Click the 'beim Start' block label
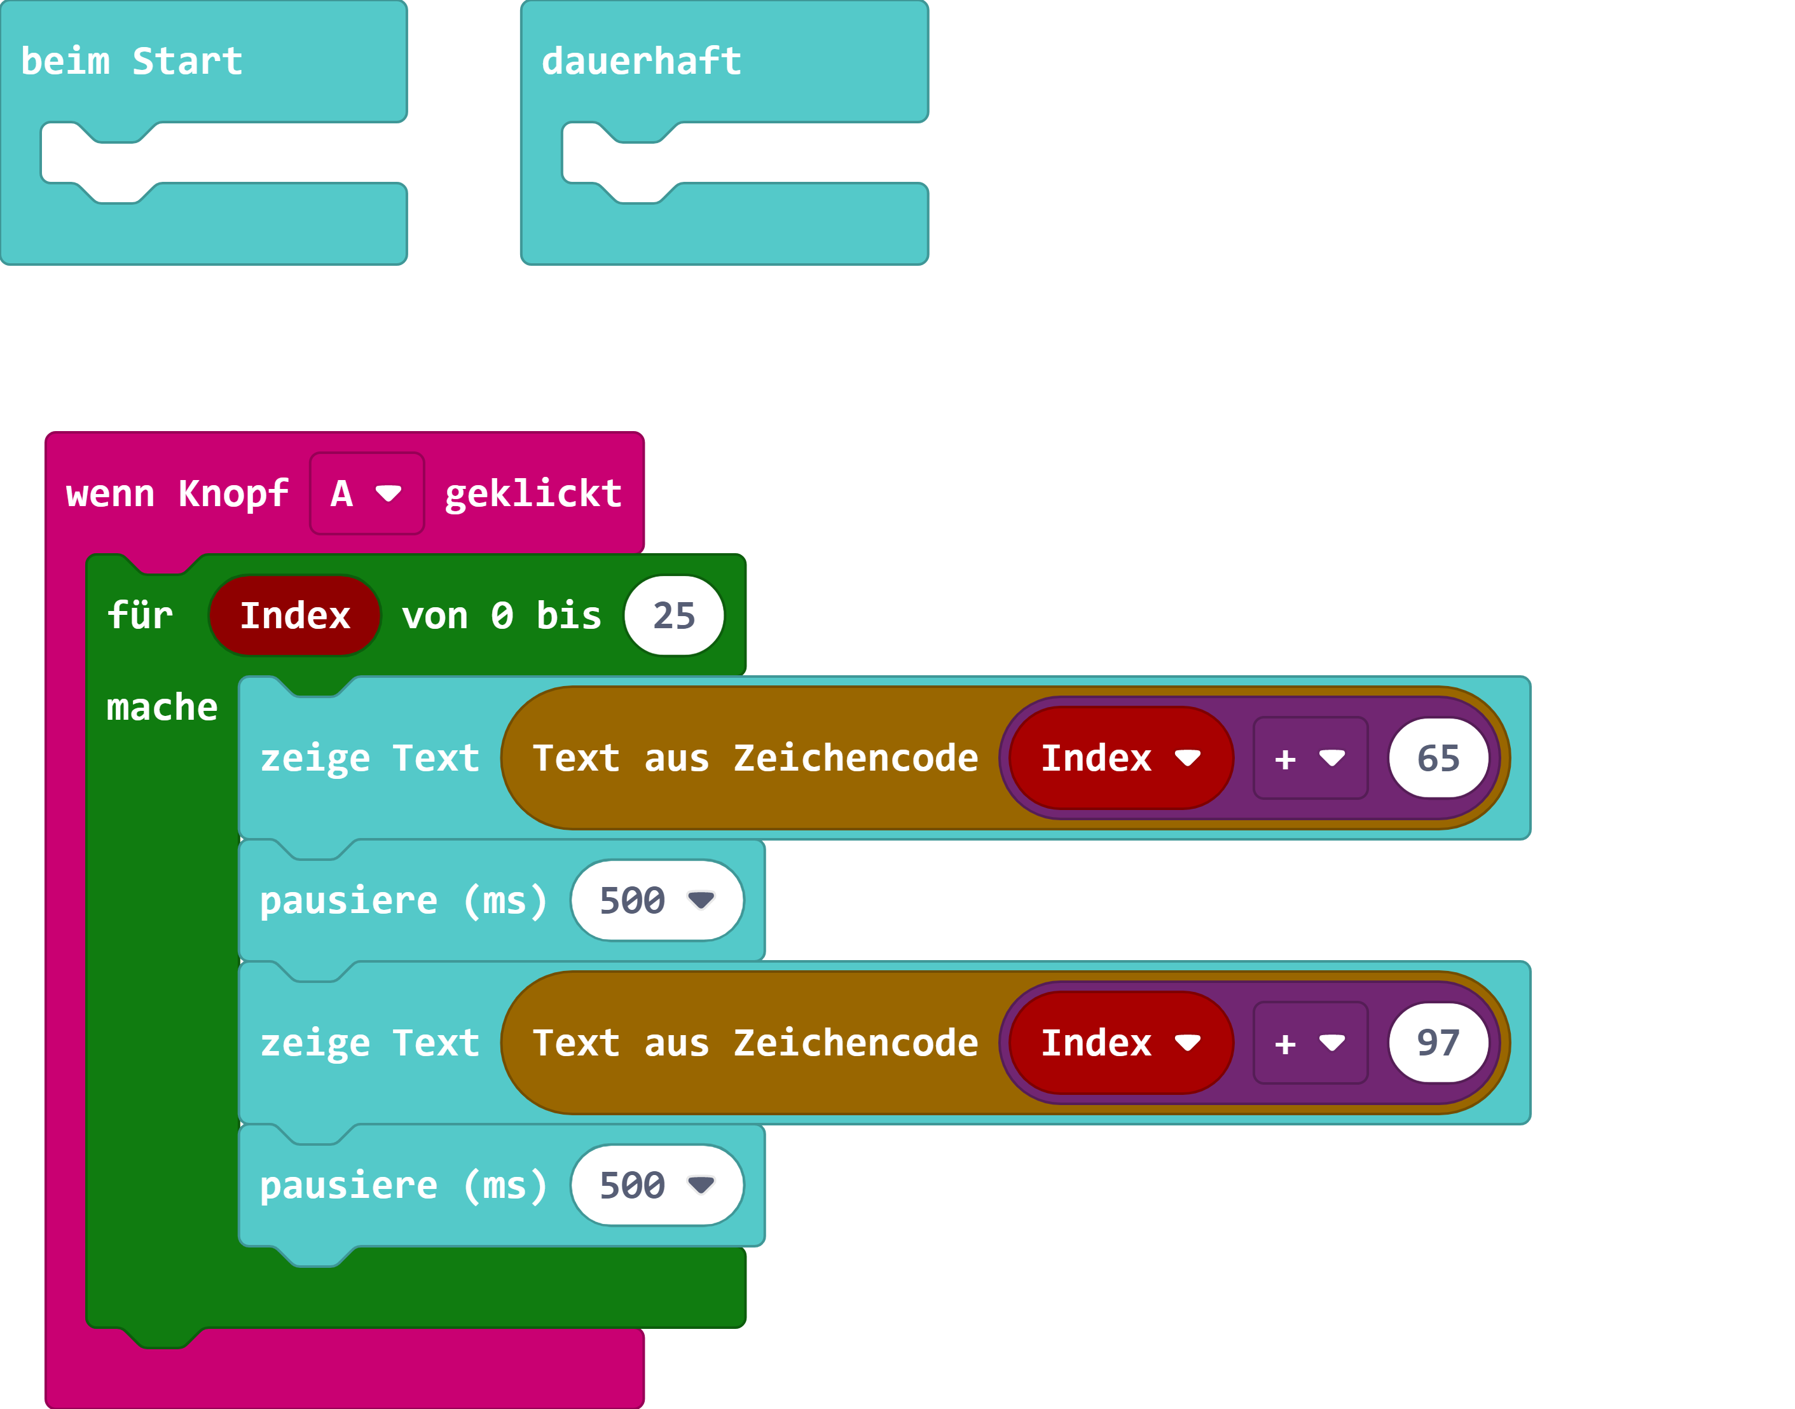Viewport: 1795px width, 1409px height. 132,62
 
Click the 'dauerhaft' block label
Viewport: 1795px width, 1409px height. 641,62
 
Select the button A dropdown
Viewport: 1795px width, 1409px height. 366,493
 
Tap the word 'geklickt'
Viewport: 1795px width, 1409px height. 533,493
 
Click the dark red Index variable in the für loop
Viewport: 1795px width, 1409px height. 294,615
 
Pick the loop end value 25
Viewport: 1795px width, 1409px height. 674,615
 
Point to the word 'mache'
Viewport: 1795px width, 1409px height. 162,707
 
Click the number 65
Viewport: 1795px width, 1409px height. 1438,758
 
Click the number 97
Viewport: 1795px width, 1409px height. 1438,1043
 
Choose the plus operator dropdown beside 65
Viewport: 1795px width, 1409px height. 1310,758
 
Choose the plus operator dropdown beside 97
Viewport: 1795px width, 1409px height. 1310,1043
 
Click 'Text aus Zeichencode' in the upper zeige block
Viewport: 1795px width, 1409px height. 755,758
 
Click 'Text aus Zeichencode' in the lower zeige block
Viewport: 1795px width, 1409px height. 755,1043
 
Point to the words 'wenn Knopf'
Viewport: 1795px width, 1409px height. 177,493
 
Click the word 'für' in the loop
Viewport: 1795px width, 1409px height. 139,615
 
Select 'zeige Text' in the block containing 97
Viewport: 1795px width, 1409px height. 369,1043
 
